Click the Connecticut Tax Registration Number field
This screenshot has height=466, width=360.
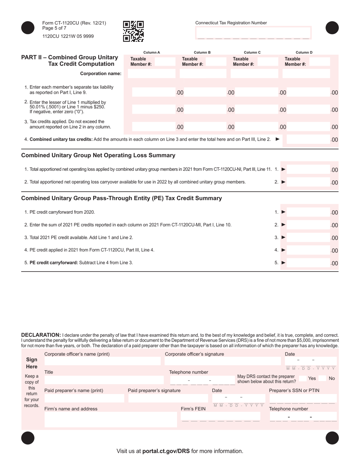[x=253, y=33]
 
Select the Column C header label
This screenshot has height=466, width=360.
[x=252, y=52]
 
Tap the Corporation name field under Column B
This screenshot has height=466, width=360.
[x=202, y=73]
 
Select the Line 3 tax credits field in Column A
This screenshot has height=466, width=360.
[x=154, y=127]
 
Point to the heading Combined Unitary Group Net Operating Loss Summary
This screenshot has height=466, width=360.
[x=98, y=155]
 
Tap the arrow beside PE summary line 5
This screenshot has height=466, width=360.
[x=283, y=263]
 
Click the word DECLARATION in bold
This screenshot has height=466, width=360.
[x=41, y=335]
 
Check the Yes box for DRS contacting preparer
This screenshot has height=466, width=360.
[x=303, y=378]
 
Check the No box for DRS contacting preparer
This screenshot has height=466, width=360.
[x=322, y=378]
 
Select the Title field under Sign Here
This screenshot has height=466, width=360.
[x=102, y=380]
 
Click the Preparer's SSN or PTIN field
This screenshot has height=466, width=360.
[x=302, y=398]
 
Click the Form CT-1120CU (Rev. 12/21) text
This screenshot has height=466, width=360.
[x=74, y=23]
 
